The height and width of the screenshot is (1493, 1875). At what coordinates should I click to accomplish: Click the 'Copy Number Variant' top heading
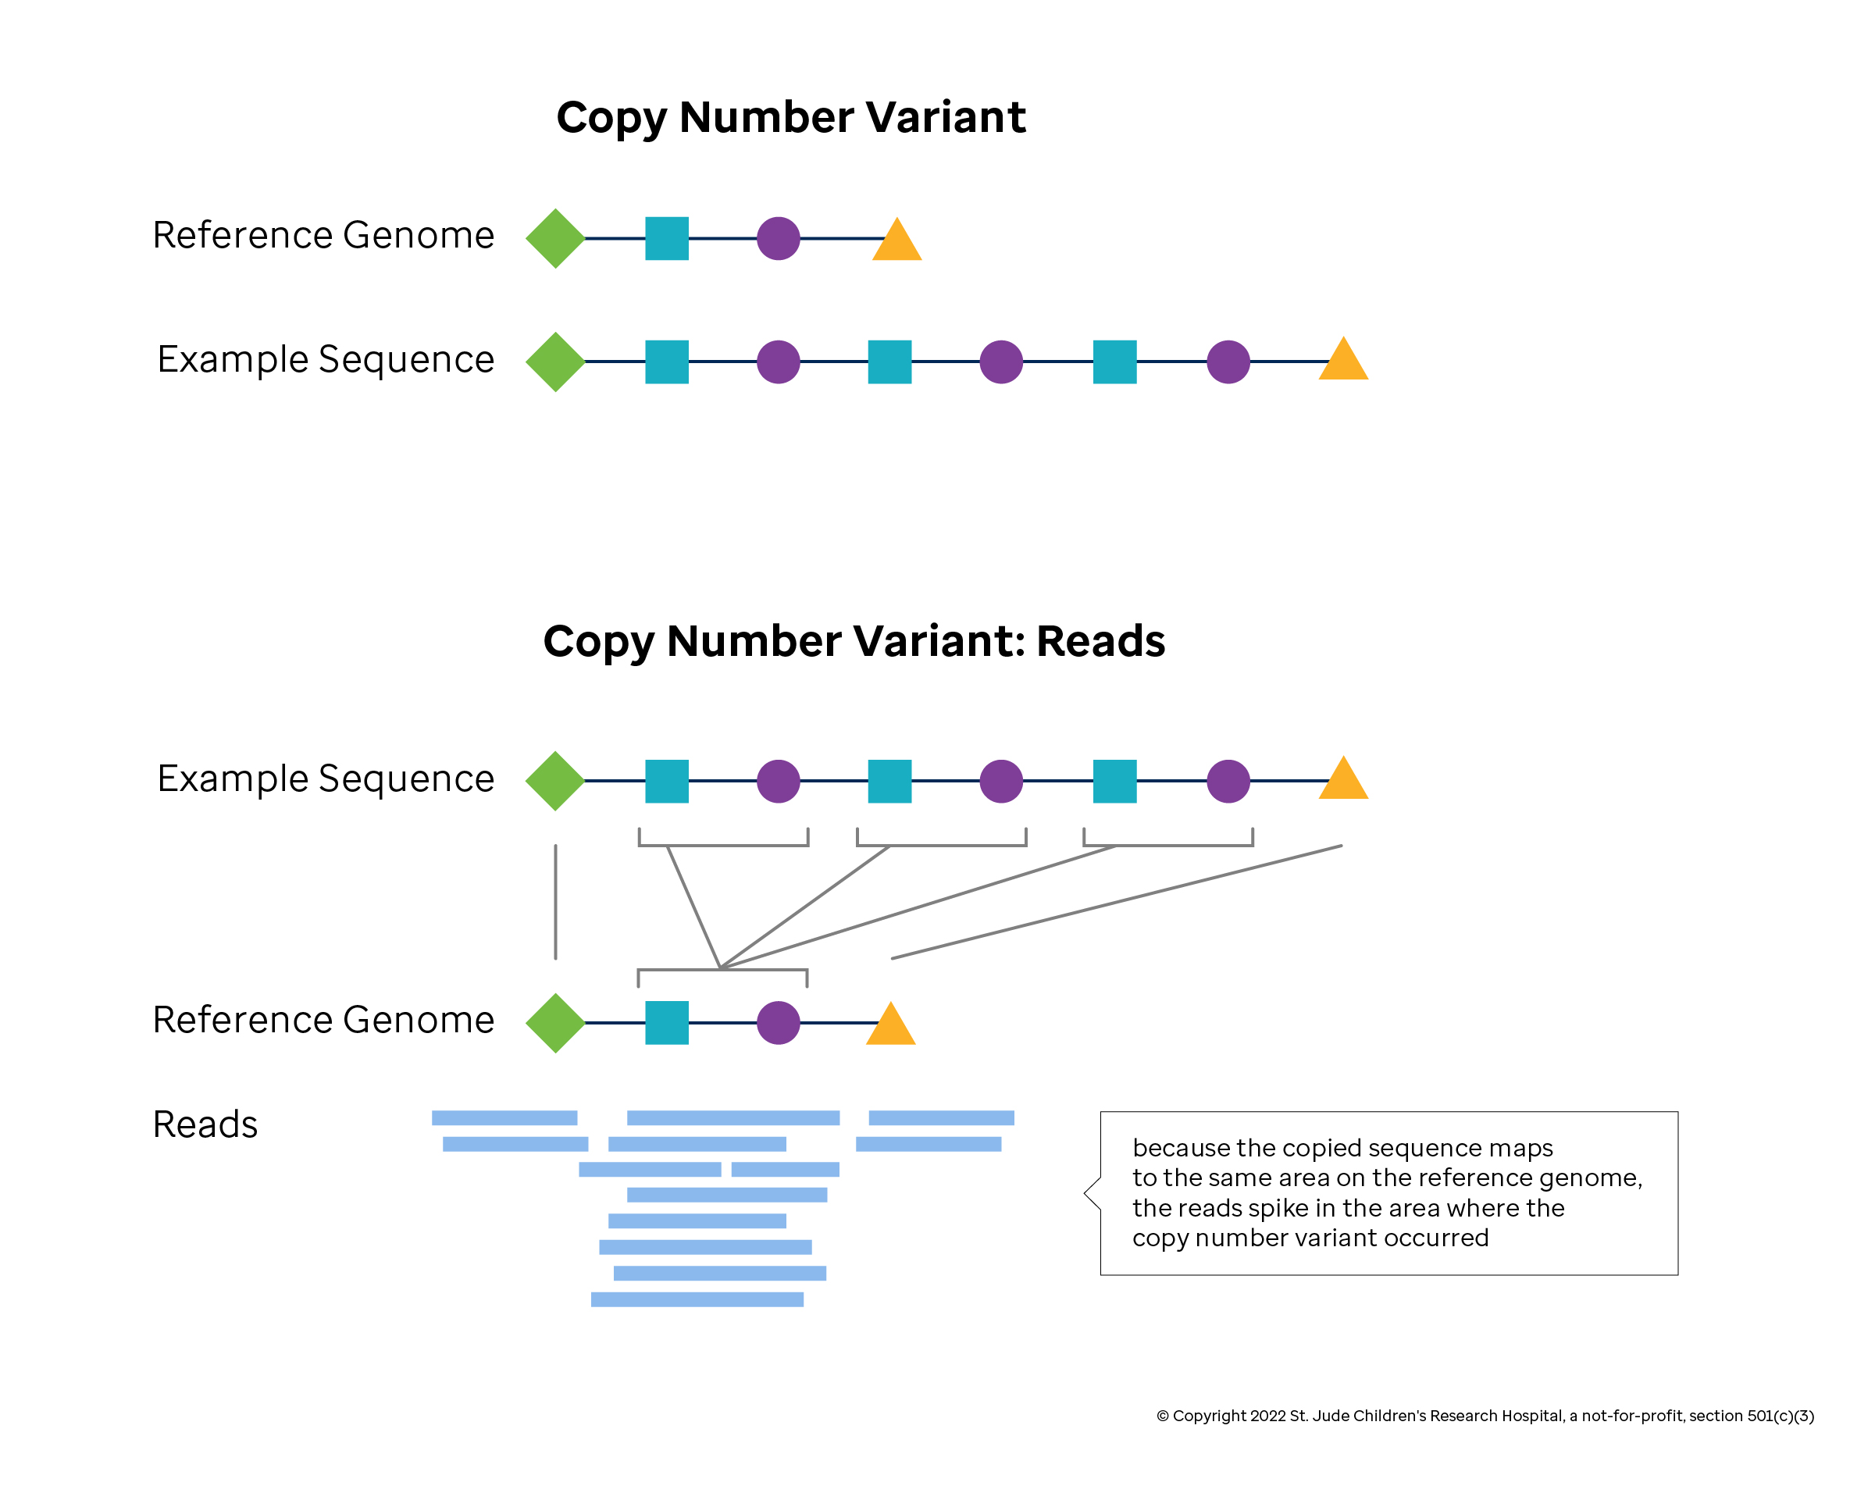click(790, 117)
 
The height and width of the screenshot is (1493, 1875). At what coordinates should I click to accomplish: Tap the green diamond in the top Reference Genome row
click(554, 238)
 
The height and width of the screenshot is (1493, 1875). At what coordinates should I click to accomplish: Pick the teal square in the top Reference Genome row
click(666, 238)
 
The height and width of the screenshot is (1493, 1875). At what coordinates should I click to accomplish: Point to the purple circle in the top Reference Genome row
click(778, 238)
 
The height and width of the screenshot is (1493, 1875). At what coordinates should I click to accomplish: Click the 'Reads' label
click(205, 1124)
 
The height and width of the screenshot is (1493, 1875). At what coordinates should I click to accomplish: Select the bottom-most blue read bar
click(697, 1299)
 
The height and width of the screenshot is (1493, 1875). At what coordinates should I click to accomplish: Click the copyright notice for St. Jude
click(1485, 1416)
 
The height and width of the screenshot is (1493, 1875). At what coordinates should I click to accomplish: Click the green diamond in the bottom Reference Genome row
click(554, 1024)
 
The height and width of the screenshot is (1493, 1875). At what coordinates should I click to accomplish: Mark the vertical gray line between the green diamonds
click(554, 902)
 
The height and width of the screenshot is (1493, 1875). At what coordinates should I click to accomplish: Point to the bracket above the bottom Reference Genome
click(722, 971)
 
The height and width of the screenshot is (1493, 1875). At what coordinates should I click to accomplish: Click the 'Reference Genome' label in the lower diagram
click(323, 1019)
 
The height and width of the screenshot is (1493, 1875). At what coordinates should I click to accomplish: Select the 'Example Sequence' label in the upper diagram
click(325, 359)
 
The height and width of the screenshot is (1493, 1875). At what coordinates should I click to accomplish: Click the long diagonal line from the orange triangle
click(1117, 902)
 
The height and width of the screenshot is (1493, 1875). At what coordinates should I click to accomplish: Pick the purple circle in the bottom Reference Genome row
click(778, 1024)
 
